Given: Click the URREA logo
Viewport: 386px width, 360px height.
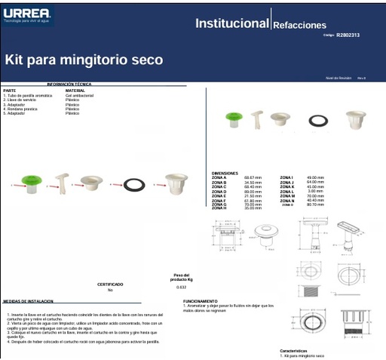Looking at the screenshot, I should [26, 14].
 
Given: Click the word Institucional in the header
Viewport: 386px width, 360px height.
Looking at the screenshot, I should [231, 23].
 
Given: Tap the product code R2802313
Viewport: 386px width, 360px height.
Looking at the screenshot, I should [348, 35].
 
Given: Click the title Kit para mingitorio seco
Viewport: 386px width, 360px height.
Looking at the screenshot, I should [84, 60].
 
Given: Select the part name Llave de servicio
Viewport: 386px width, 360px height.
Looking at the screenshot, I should [19, 100].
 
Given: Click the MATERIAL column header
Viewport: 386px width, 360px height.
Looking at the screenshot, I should [75, 90].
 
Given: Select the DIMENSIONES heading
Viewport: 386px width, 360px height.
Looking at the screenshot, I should [225, 173].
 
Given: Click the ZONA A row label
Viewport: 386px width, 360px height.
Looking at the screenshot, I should [219, 177].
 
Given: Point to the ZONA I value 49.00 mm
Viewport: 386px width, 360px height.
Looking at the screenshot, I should [315, 177].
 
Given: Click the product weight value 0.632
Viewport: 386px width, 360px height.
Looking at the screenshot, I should [181, 288].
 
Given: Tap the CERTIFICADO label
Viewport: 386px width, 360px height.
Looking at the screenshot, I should [110, 285].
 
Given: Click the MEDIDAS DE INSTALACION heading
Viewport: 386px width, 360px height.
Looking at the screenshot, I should [28, 300].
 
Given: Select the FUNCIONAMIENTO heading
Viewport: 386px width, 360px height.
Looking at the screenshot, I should [201, 300].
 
